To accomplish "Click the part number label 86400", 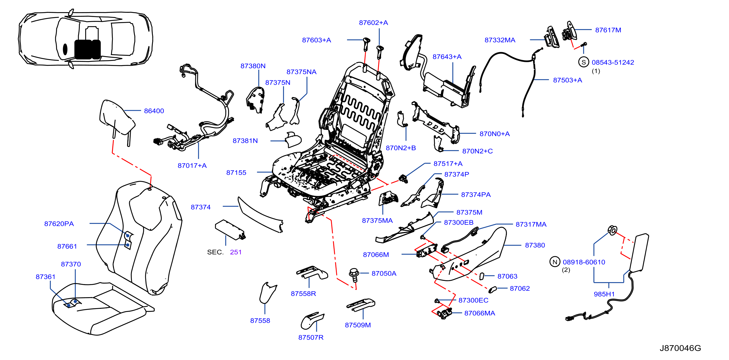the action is click(154, 111).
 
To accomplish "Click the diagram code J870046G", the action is click(680, 348).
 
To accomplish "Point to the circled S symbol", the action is click(583, 62).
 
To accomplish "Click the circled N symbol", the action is click(555, 262).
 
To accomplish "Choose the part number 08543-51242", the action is click(613, 62).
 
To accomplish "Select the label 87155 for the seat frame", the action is click(236, 173).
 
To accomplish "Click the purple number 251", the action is click(236, 252).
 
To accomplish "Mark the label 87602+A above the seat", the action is click(373, 23).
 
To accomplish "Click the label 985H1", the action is click(604, 294).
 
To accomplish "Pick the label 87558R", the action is click(303, 294).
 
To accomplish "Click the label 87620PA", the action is click(59, 224).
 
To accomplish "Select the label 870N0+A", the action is click(495, 134).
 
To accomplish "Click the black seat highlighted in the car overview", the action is click(88, 49).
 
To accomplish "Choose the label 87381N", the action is click(245, 141).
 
